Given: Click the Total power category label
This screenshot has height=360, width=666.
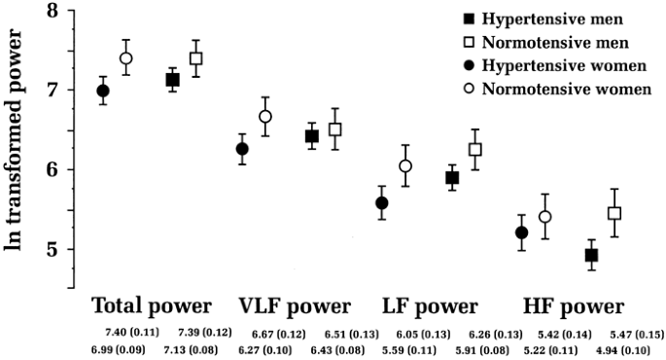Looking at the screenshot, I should pos(151,306).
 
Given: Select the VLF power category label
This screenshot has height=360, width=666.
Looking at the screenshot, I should pos(295,306).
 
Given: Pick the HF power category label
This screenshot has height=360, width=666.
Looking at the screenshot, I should pos(573,306).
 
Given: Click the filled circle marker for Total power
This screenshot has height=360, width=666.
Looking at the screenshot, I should pos(102,90).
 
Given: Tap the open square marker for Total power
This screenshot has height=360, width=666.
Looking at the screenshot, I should pos(196,58).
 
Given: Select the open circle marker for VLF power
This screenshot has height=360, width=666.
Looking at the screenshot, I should pos(265,117).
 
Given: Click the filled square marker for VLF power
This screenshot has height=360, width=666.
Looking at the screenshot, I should pos(312,136).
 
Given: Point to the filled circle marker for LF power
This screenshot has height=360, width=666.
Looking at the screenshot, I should pos(382,203).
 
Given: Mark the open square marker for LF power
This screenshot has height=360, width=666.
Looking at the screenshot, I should pos(475,150).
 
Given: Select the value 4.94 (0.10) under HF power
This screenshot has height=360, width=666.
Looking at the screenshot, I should pos(636,348).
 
